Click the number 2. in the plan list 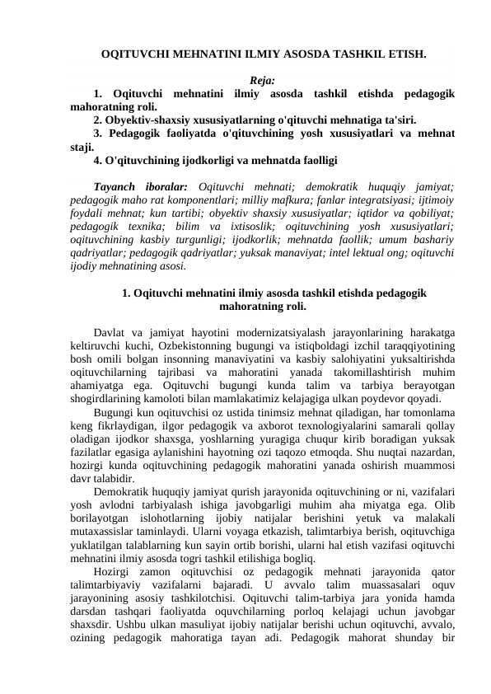click(x=99, y=120)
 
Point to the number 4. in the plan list click(x=99, y=159)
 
